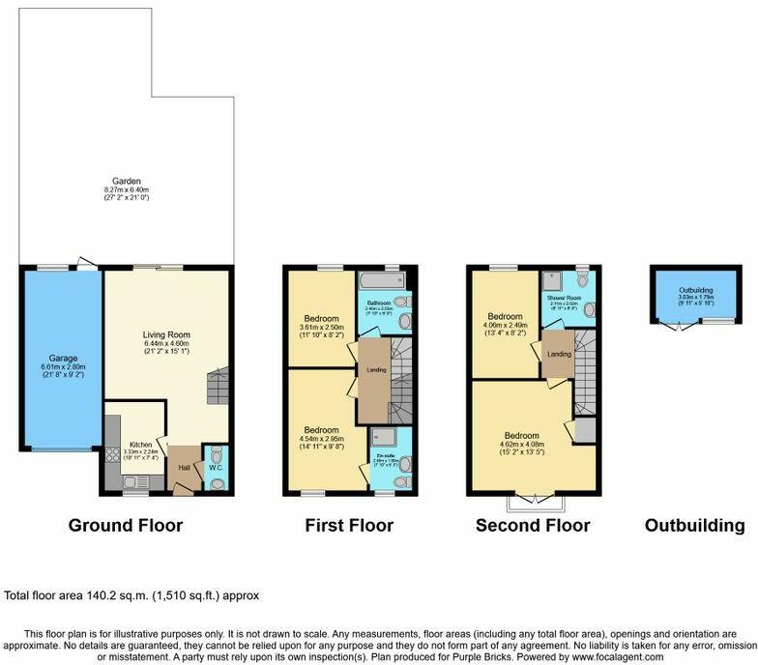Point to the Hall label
[183, 468]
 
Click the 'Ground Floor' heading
[125, 526]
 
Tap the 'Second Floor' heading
[532, 526]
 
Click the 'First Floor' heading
[349, 526]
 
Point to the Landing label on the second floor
[559, 354]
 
